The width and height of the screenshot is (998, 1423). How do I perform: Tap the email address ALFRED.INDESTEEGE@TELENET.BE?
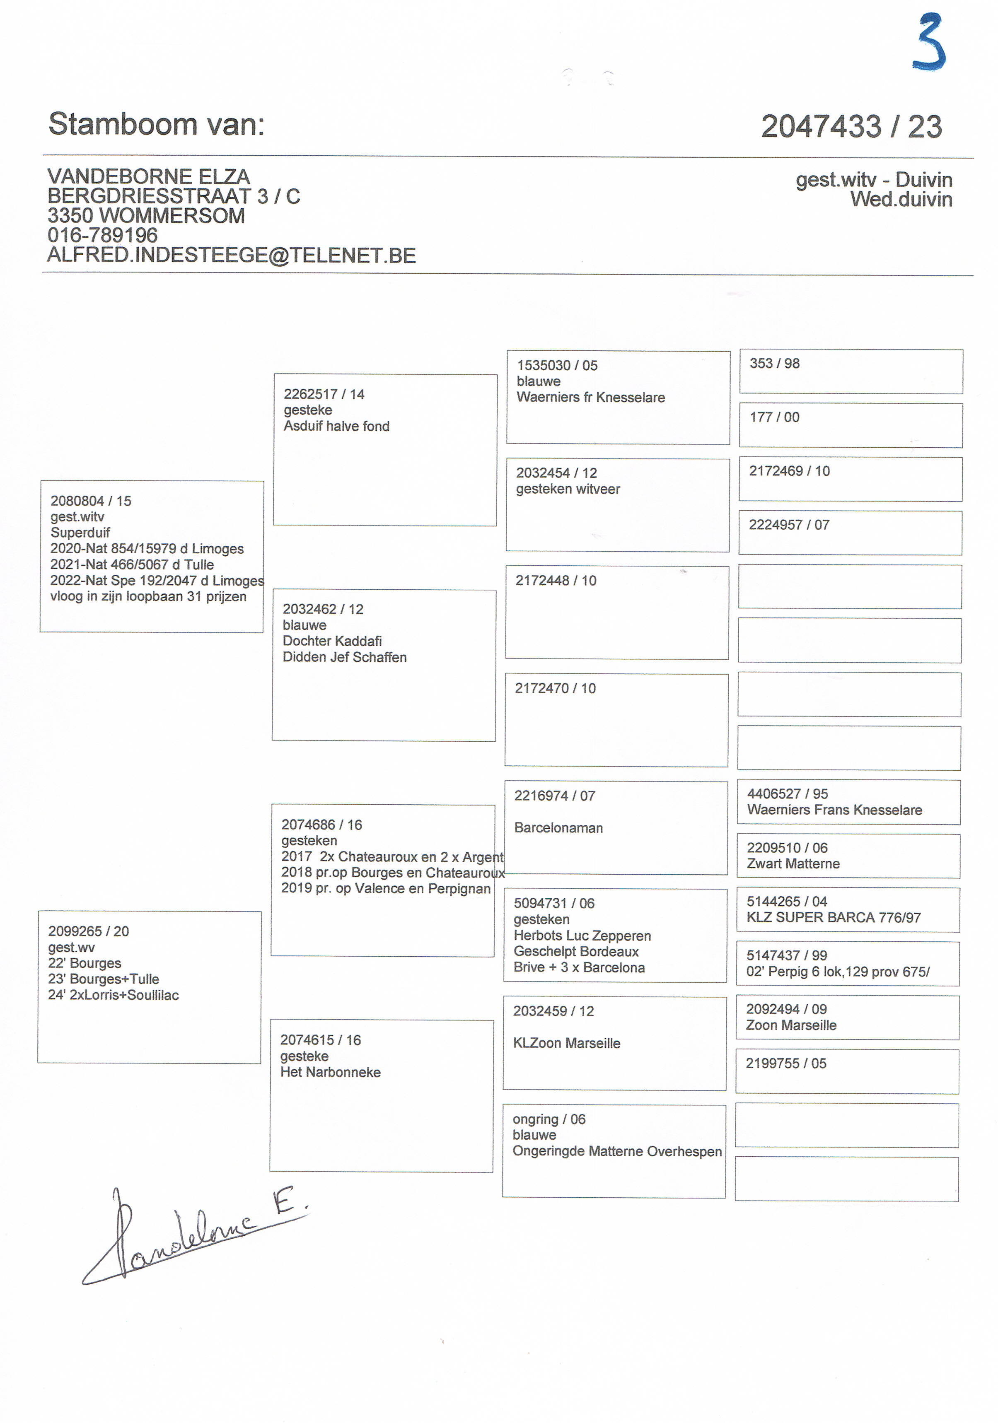pos(231,256)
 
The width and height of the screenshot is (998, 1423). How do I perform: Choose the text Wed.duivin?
pos(901,200)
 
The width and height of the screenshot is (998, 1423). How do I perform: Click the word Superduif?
pos(80,533)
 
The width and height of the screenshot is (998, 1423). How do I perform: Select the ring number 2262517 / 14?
pos(324,394)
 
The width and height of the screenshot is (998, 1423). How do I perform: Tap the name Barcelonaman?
pos(558,827)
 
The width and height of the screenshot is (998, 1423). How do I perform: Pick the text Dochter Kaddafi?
pos(332,641)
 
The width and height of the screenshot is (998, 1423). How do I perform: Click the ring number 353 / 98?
pos(774,363)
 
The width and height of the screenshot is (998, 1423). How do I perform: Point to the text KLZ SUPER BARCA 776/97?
pos(833,917)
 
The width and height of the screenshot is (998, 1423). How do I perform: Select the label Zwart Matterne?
pos(793,863)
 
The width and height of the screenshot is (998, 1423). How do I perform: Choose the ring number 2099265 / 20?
pos(89,931)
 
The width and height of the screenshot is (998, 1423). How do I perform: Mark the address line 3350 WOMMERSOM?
pos(146,216)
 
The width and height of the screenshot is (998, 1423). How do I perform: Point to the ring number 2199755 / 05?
pos(785,1063)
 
